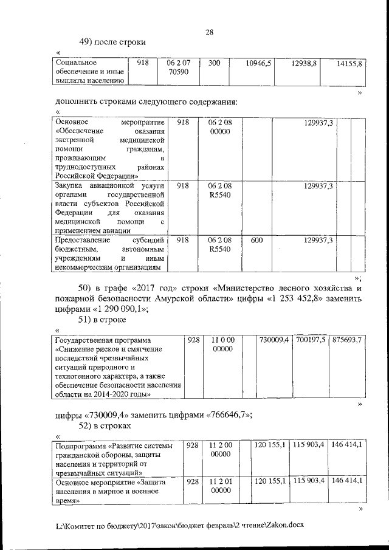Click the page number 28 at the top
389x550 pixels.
pyautogui.click(x=209, y=32)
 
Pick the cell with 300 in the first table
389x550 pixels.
pyautogui.click(x=214, y=63)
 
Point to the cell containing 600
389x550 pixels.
pyautogui.click(x=256, y=241)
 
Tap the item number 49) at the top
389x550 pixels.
pyautogui.click(x=89, y=42)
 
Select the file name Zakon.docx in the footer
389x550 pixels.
pyautogui.click(x=281, y=523)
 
